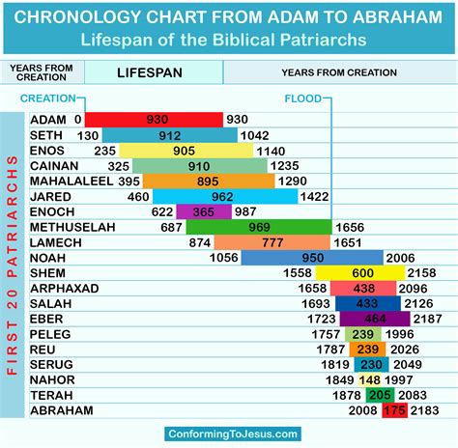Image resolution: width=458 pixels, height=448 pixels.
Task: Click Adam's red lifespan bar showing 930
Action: coord(154,120)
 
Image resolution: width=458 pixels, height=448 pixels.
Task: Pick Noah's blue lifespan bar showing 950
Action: coord(312,258)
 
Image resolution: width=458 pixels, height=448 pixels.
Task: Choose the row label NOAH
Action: coord(48,258)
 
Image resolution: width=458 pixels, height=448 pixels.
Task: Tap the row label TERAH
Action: coord(50,396)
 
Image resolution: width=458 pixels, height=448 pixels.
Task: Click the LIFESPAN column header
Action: coord(154,72)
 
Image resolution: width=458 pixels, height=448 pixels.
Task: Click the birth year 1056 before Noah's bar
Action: coord(223,258)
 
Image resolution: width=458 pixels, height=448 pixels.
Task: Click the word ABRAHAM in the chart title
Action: coord(382,17)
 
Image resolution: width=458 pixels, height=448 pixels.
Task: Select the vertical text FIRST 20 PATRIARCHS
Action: coord(13,266)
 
